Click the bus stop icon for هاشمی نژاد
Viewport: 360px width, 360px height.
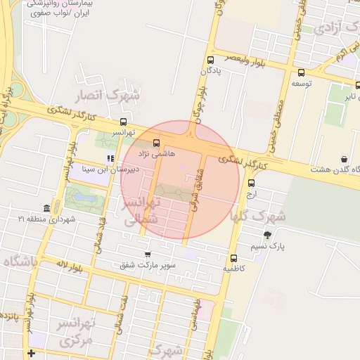pyautogui.click(x=156, y=144)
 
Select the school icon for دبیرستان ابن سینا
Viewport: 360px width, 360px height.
pyautogui.click(x=110, y=158)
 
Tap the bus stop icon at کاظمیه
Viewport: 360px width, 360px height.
pyautogui.click(x=233, y=258)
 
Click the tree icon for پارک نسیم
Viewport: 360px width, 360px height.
pyautogui.click(x=267, y=235)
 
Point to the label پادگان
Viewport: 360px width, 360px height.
pyautogui.click(x=210, y=70)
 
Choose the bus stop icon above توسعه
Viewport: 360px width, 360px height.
pyautogui.click(x=301, y=72)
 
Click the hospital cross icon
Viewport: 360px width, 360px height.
pyautogui.click(x=30, y=353)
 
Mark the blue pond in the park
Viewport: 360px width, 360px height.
pyautogui.click(x=87, y=200)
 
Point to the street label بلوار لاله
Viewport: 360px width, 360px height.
pyautogui.click(x=70, y=265)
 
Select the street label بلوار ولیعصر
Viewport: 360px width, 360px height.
pyautogui.click(x=246, y=59)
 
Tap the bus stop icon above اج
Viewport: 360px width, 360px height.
pyautogui.click(x=251, y=183)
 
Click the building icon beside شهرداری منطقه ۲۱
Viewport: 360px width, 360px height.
pyautogui.click(x=46, y=208)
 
